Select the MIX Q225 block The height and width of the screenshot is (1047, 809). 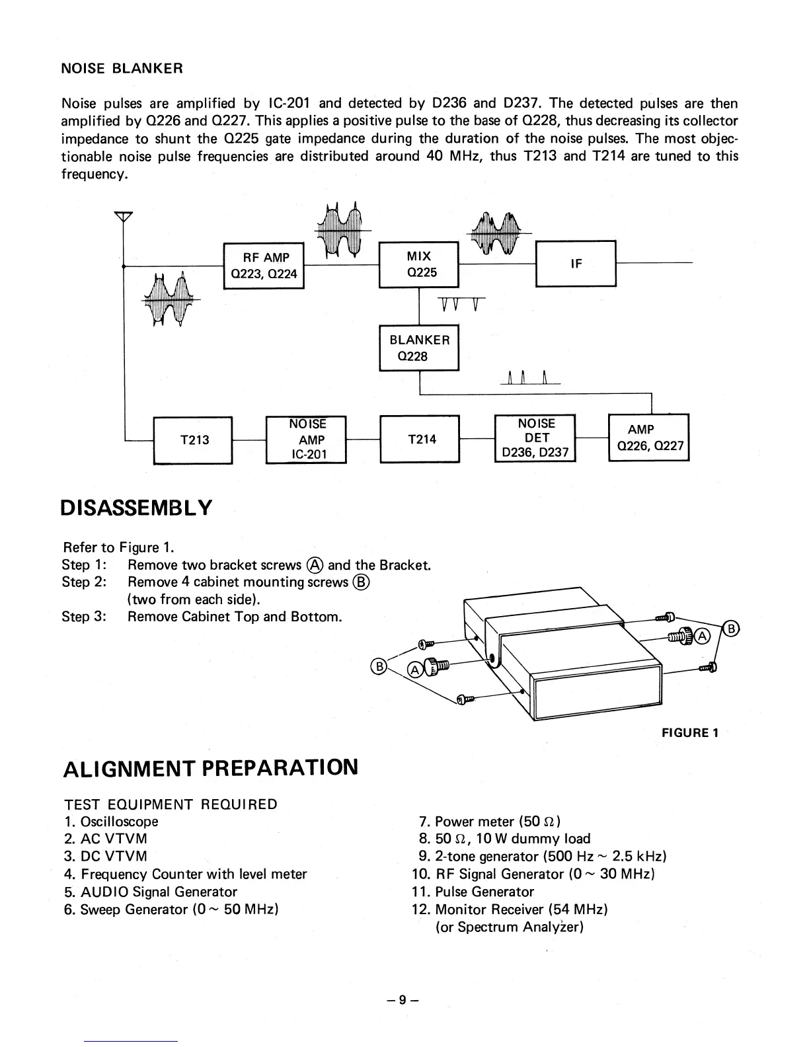click(418, 264)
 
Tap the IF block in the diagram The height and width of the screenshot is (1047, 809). click(576, 264)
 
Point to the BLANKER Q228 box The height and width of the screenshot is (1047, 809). click(418, 348)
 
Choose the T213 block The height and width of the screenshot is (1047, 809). click(193, 440)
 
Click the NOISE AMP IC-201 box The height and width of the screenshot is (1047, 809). click(306, 440)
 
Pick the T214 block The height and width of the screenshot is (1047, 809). click(420, 439)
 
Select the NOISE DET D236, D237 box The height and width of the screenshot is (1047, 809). click(535, 438)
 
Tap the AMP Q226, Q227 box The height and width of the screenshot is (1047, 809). click(648, 438)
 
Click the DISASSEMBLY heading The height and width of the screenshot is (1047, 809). click(137, 508)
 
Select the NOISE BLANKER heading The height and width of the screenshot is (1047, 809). click(122, 69)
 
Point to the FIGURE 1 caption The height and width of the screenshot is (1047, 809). click(690, 732)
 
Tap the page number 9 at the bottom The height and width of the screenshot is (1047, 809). click(403, 1000)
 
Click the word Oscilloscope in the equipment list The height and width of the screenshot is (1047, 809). click(120, 822)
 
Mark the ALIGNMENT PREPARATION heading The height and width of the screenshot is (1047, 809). click(211, 769)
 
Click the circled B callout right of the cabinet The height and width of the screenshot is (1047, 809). click(730, 629)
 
